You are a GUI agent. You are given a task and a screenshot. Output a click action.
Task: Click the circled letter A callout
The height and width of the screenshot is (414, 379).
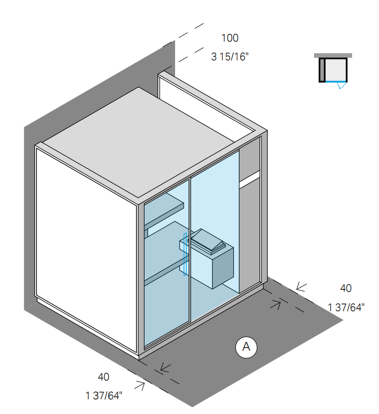[x=247, y=347]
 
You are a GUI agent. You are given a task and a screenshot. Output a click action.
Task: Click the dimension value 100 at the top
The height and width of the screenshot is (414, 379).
[x=229, y=38]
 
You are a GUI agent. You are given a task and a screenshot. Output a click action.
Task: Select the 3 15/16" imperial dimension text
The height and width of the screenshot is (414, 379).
[x=229, y=56]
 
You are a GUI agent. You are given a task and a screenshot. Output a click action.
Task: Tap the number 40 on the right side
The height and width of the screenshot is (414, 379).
[x=346, y=288]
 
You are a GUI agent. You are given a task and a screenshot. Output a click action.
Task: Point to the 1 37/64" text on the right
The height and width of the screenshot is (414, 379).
[x=346, y=307]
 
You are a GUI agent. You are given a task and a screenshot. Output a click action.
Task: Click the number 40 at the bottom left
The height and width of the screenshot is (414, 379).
[x=104, y=377]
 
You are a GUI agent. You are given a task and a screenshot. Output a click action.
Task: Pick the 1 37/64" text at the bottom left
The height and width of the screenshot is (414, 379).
[x=104, y=396]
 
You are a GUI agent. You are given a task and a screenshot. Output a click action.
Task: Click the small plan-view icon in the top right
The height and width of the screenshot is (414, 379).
[x=333, y=68]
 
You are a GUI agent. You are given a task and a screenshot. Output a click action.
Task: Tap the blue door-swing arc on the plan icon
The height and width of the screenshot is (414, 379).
[x=342, y=86]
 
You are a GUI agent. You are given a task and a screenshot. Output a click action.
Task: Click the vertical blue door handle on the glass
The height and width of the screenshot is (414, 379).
[x=186, y=253]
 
